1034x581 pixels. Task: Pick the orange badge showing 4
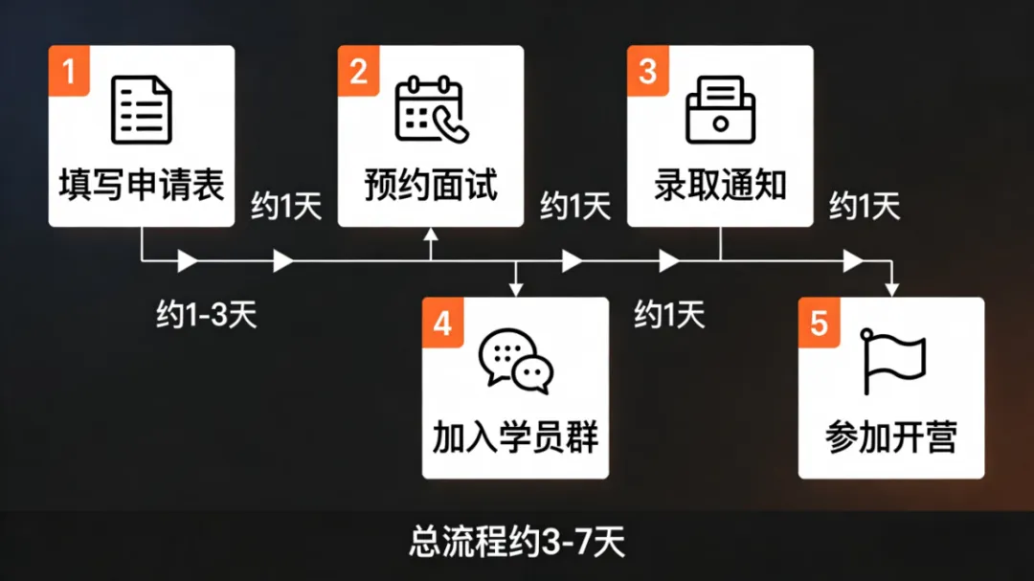coord(442,323)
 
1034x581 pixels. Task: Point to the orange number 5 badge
coord(820,323)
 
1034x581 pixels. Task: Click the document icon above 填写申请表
coord(142,110)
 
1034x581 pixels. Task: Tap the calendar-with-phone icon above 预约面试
coord(431,110)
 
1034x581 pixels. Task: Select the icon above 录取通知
coord(720,110)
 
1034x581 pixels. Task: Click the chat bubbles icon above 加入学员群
coord(516,362)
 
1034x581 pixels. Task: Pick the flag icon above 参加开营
coord(892,362)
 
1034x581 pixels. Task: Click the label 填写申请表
coord(142,185)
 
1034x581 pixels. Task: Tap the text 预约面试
coord(431,185)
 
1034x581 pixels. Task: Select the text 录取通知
coord(720,185)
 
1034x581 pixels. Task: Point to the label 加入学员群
coord(516,437)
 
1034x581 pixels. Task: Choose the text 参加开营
coord(892,437)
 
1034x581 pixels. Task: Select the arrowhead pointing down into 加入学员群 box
coord(516,288)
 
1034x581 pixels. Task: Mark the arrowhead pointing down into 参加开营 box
coord(892,288)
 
